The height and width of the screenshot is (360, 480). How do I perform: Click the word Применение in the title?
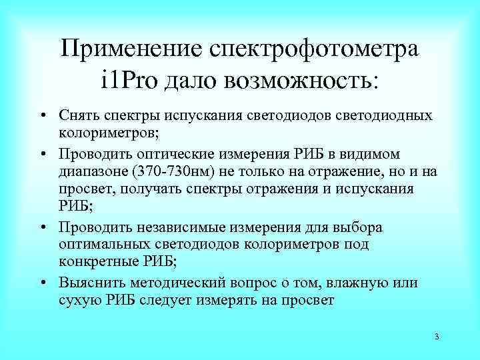[129, 49]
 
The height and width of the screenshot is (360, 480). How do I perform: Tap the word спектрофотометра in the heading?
[315, 49]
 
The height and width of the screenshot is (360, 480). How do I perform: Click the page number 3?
[436, 336]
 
